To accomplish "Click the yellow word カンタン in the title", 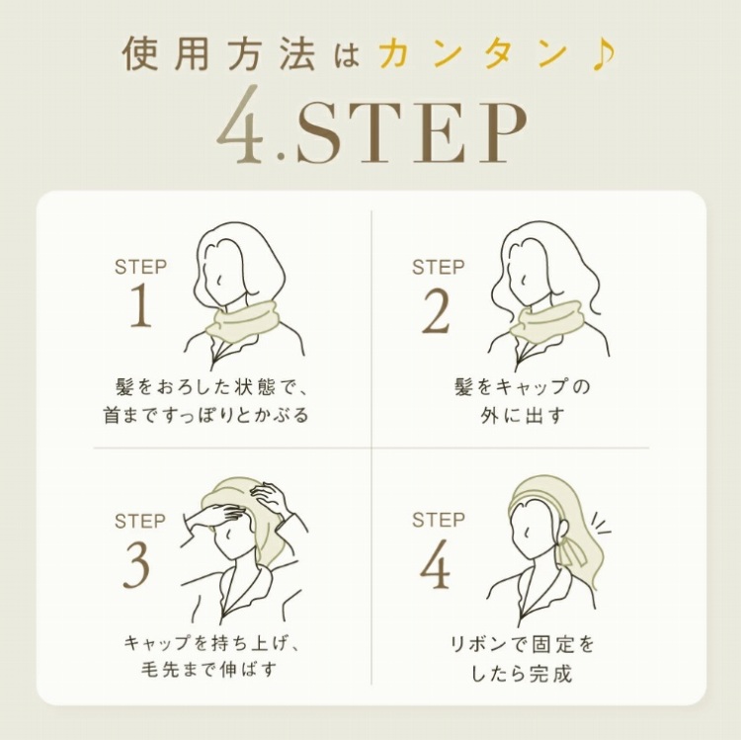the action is click(x=472, y=53).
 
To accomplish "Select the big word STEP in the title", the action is click(x=411, y=132).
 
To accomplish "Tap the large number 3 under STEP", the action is click(x=137, y=565).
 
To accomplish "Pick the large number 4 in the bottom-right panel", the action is click(x=436, y=564).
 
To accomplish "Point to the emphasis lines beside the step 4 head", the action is click(x=601, y=524).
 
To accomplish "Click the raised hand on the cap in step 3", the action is click(x=271, y=499).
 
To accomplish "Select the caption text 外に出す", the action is click(x=523, y=416).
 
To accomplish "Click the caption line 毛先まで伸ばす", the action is click(x=208, y=669).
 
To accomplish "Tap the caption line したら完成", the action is click(x=523, y=673).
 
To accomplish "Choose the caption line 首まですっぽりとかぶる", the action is click(x=206, y=415).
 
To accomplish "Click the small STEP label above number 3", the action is click(x=140, y=522).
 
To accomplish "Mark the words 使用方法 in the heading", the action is click(x=219, y=54).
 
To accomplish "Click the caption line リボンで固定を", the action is click(x=522, y=644).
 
